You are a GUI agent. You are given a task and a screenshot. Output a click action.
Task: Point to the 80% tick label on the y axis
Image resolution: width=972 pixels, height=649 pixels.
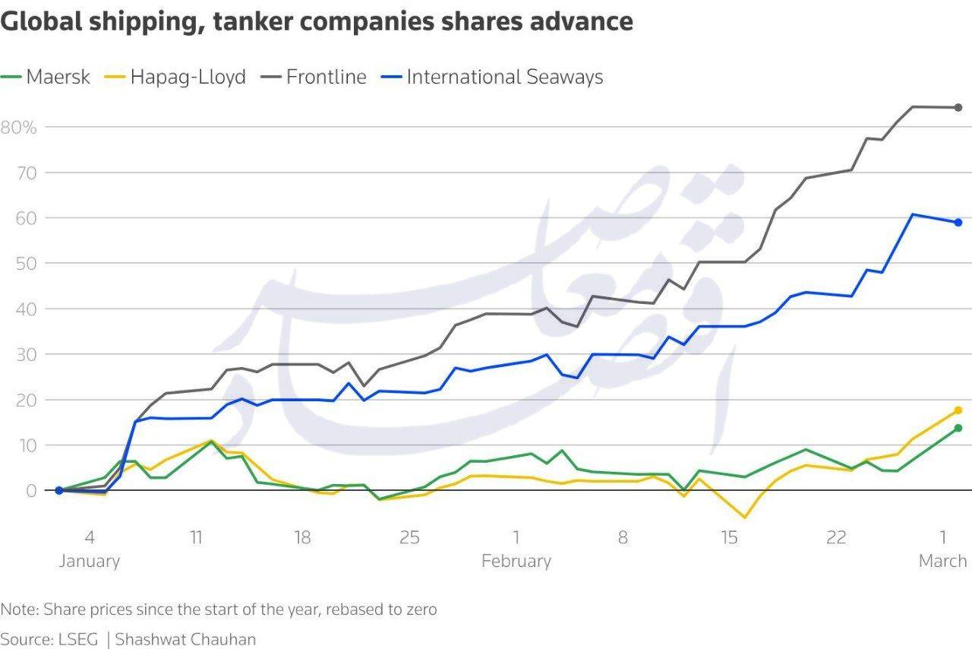point(19,127)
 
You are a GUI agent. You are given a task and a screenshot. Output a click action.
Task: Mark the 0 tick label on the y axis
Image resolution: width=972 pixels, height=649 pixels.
point(30,491)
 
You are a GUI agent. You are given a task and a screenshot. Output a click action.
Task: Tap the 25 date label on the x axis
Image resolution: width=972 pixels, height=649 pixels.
point(409,538)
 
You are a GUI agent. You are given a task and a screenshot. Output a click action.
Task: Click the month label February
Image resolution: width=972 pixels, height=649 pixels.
point(516,562)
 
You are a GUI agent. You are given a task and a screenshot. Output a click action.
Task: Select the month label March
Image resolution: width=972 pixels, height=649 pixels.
point(942,562)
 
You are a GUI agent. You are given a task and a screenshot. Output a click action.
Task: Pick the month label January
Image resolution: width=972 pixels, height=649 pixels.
point(89,562)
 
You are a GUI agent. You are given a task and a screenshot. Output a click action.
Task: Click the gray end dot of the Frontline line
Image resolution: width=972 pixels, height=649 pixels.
point(958,107)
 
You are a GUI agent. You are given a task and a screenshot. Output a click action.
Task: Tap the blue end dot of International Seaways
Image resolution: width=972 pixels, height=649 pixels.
point(958,223)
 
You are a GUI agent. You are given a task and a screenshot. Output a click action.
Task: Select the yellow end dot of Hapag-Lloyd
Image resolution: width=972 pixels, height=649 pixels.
point(958,410)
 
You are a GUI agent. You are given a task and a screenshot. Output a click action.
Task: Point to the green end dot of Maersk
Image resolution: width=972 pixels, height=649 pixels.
point(958,428)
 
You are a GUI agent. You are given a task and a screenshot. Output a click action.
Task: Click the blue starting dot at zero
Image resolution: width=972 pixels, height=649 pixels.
point(58,490)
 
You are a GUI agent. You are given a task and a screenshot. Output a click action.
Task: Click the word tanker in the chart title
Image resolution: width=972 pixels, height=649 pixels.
point(256,21)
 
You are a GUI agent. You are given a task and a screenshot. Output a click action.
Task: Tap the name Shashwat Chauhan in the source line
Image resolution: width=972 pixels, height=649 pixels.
point(185,639)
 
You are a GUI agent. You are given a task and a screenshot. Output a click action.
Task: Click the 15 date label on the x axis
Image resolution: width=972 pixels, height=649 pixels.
point(729,538)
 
